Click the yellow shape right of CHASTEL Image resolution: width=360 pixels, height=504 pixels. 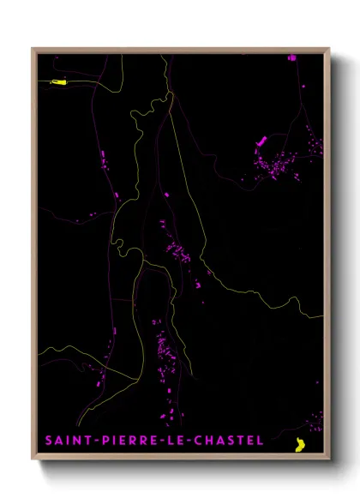[300, 445]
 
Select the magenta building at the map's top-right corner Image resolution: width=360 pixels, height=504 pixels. [291, 57]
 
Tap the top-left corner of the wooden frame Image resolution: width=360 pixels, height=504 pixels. [33, 48]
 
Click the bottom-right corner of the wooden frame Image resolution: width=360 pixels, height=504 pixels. [330, 460]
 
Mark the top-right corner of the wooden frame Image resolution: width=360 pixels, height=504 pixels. [330, 48]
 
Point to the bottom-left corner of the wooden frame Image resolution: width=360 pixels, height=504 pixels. [33, 460]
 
